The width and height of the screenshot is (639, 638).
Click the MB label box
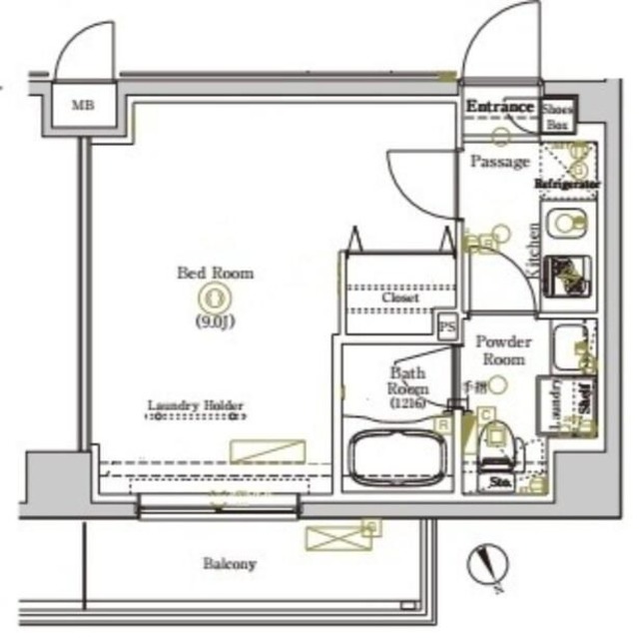(x=82, y=104)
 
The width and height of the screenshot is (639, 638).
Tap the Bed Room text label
(x=215, y=272)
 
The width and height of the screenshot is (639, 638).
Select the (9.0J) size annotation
(x=215, y=320)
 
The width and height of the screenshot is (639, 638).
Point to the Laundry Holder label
(x=196, y=405)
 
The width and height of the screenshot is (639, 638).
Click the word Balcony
(x=230, y=564)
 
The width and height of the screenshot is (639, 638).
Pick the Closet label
(x=399, y=298)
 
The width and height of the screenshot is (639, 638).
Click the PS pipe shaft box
(x=446, y=326)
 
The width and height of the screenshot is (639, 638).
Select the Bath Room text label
(x=408, y=380)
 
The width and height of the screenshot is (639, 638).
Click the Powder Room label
(x=503, y=349)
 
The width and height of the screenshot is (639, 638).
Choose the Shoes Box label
(x=555, y=117)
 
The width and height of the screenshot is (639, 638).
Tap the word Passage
(x=499, y=161)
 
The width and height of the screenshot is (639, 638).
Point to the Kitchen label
(x=533, y=251)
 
